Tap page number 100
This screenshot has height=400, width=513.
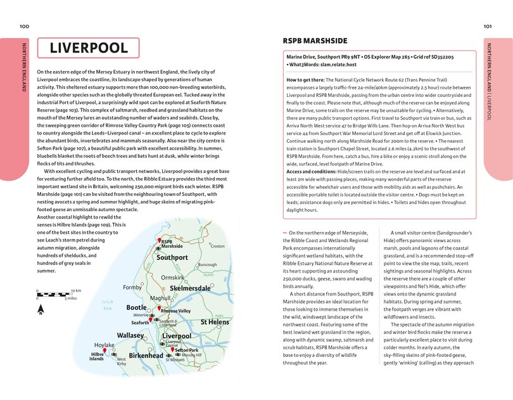click(24, 26)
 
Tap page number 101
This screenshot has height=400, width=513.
click(488, 26)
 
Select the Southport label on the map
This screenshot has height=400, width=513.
click(172, 258)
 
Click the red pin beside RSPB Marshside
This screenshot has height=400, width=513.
click(158, 241)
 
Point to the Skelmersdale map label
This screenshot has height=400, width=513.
click(190, 288)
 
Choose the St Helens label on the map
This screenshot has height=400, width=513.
click(215, 322)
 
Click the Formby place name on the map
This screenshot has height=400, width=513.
click(132, 288)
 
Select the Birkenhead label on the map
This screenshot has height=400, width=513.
click(146, 356)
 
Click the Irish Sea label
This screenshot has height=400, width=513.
click(107, 305)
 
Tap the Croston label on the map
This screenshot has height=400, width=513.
click(218, 246)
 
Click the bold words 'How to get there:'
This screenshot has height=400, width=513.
click(306, 80)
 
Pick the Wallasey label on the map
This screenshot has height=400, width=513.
click(131, 335)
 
